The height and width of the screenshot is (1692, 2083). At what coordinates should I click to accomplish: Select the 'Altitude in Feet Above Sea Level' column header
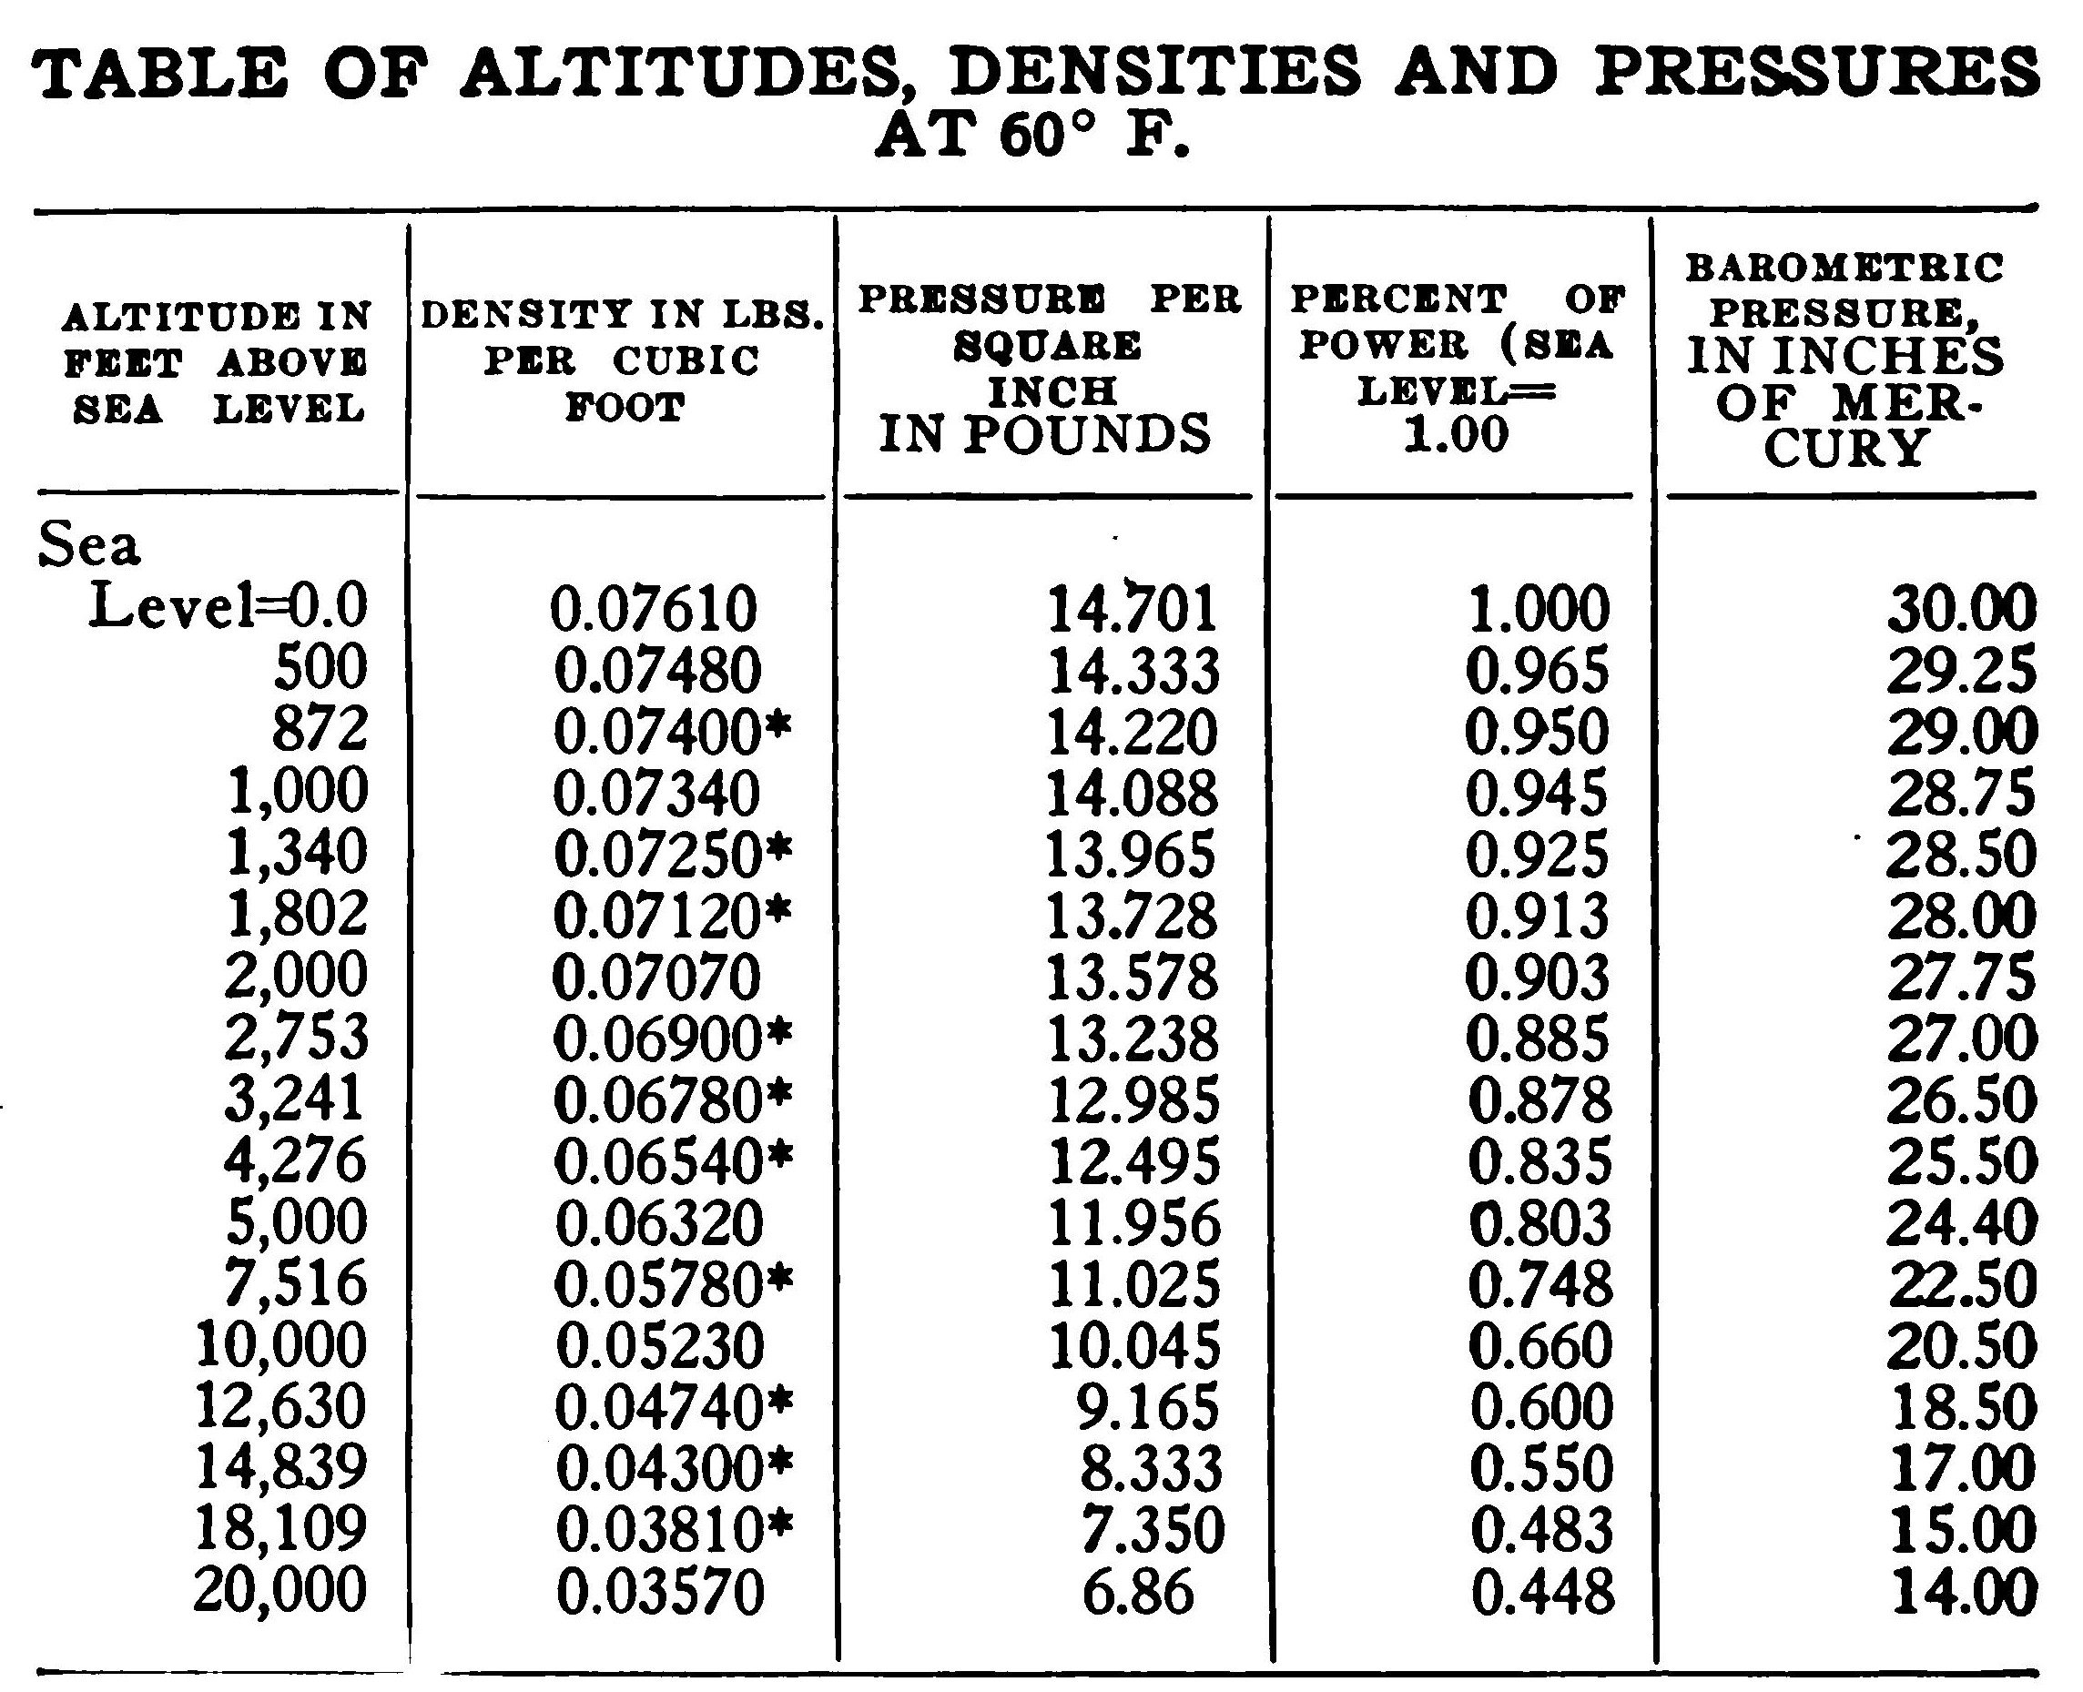pos(217,362)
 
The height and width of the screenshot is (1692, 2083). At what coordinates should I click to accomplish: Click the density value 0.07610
pos(653,609)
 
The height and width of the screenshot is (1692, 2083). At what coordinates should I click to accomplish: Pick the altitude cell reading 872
pos(320,729)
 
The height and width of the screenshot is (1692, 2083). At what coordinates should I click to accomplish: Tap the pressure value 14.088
pos(1132,793)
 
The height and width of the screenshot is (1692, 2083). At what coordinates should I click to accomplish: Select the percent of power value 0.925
pos(1537,854)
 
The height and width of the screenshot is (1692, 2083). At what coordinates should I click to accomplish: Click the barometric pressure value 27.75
pos(1961,977)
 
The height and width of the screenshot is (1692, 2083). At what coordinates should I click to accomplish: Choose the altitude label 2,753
pos(296,1037)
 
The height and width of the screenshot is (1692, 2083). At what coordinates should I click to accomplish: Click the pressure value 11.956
pos(1133,1222)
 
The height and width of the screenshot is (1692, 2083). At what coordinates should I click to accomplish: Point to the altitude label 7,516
pos(296,1282)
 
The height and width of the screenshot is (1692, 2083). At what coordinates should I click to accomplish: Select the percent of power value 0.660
pos(1540,1345)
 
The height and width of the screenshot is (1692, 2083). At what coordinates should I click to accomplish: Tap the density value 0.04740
pos(659,1406)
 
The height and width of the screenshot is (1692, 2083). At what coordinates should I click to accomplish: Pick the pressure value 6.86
pos(1137,1591)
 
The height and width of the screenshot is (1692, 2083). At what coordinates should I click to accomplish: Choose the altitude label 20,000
pos(279,1590)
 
